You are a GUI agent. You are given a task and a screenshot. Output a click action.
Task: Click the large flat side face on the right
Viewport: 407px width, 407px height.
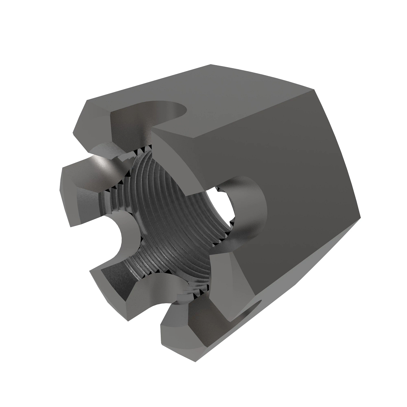click(x=305, y=203)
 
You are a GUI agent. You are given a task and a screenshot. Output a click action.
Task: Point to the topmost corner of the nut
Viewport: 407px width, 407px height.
click(x=210, y=64)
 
